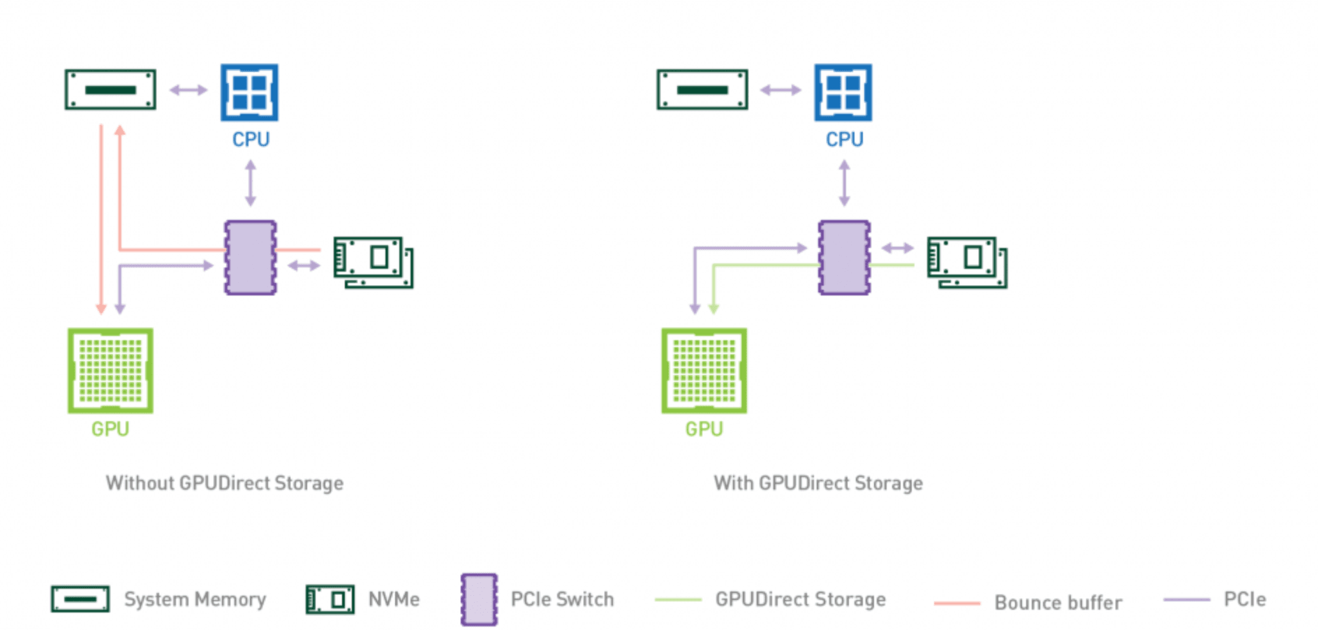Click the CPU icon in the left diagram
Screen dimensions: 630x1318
[249, 92]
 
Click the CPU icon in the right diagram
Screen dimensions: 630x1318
[843, 92]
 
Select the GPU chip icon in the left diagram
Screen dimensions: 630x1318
[110, 370]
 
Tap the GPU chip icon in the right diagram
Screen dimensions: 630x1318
[704, 370]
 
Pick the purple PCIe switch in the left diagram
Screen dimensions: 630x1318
[250, 258]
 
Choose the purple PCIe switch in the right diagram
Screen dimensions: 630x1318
[844, 258]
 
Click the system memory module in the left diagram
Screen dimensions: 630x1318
[110, 89]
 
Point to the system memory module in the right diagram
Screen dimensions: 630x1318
[702, 89]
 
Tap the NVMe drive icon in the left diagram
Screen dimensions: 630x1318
[373, 262]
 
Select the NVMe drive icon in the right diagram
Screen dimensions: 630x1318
[967, 262]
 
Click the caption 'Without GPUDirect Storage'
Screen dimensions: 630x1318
[224, 483]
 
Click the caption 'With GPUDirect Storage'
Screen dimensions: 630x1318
[817, 483]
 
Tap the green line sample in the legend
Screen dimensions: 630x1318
[678, 600]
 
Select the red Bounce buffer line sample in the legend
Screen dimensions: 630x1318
[957, 603]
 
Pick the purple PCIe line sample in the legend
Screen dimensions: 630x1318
[1186, 599]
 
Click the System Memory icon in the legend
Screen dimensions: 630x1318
[80, 599]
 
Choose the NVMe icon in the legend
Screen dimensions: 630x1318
[329, 599]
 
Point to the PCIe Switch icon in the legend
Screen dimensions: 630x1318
[479, 599]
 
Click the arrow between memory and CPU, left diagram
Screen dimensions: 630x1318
[188, 90]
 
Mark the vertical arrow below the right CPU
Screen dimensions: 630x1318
[844, 183]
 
